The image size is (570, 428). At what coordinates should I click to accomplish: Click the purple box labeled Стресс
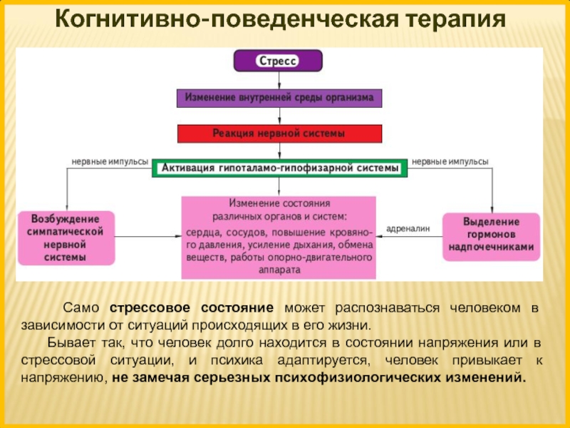click(x=278, y=61)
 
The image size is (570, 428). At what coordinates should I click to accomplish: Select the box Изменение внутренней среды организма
click(x=279, y=98)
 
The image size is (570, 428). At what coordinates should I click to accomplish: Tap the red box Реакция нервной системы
click(x=279, y=133)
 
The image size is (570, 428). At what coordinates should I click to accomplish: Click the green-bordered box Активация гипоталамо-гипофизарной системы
click(x=279, y=168)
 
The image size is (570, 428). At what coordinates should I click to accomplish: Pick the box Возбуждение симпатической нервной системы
click(x=66, y=238)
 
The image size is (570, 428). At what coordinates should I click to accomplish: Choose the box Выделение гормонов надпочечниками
click(x=491, y=237)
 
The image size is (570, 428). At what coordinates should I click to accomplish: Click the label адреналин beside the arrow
click(x=408, y=228)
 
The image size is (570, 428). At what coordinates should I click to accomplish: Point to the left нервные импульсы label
click(x=110, y=162)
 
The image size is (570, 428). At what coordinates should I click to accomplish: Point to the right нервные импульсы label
click(x=450, y=162)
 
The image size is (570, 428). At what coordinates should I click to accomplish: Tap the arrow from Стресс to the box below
click(x=279, y=81)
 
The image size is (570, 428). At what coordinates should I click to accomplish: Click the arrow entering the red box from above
click(x=279, y=116)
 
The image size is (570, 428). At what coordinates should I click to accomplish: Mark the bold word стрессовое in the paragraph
click(x=150, y=308)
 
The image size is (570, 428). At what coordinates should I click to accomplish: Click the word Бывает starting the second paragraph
click(x=71, y=342)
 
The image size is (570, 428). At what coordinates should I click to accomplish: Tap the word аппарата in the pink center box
click(x=279, y=270)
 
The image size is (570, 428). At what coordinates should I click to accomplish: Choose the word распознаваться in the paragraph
click(x=387, y=308)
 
